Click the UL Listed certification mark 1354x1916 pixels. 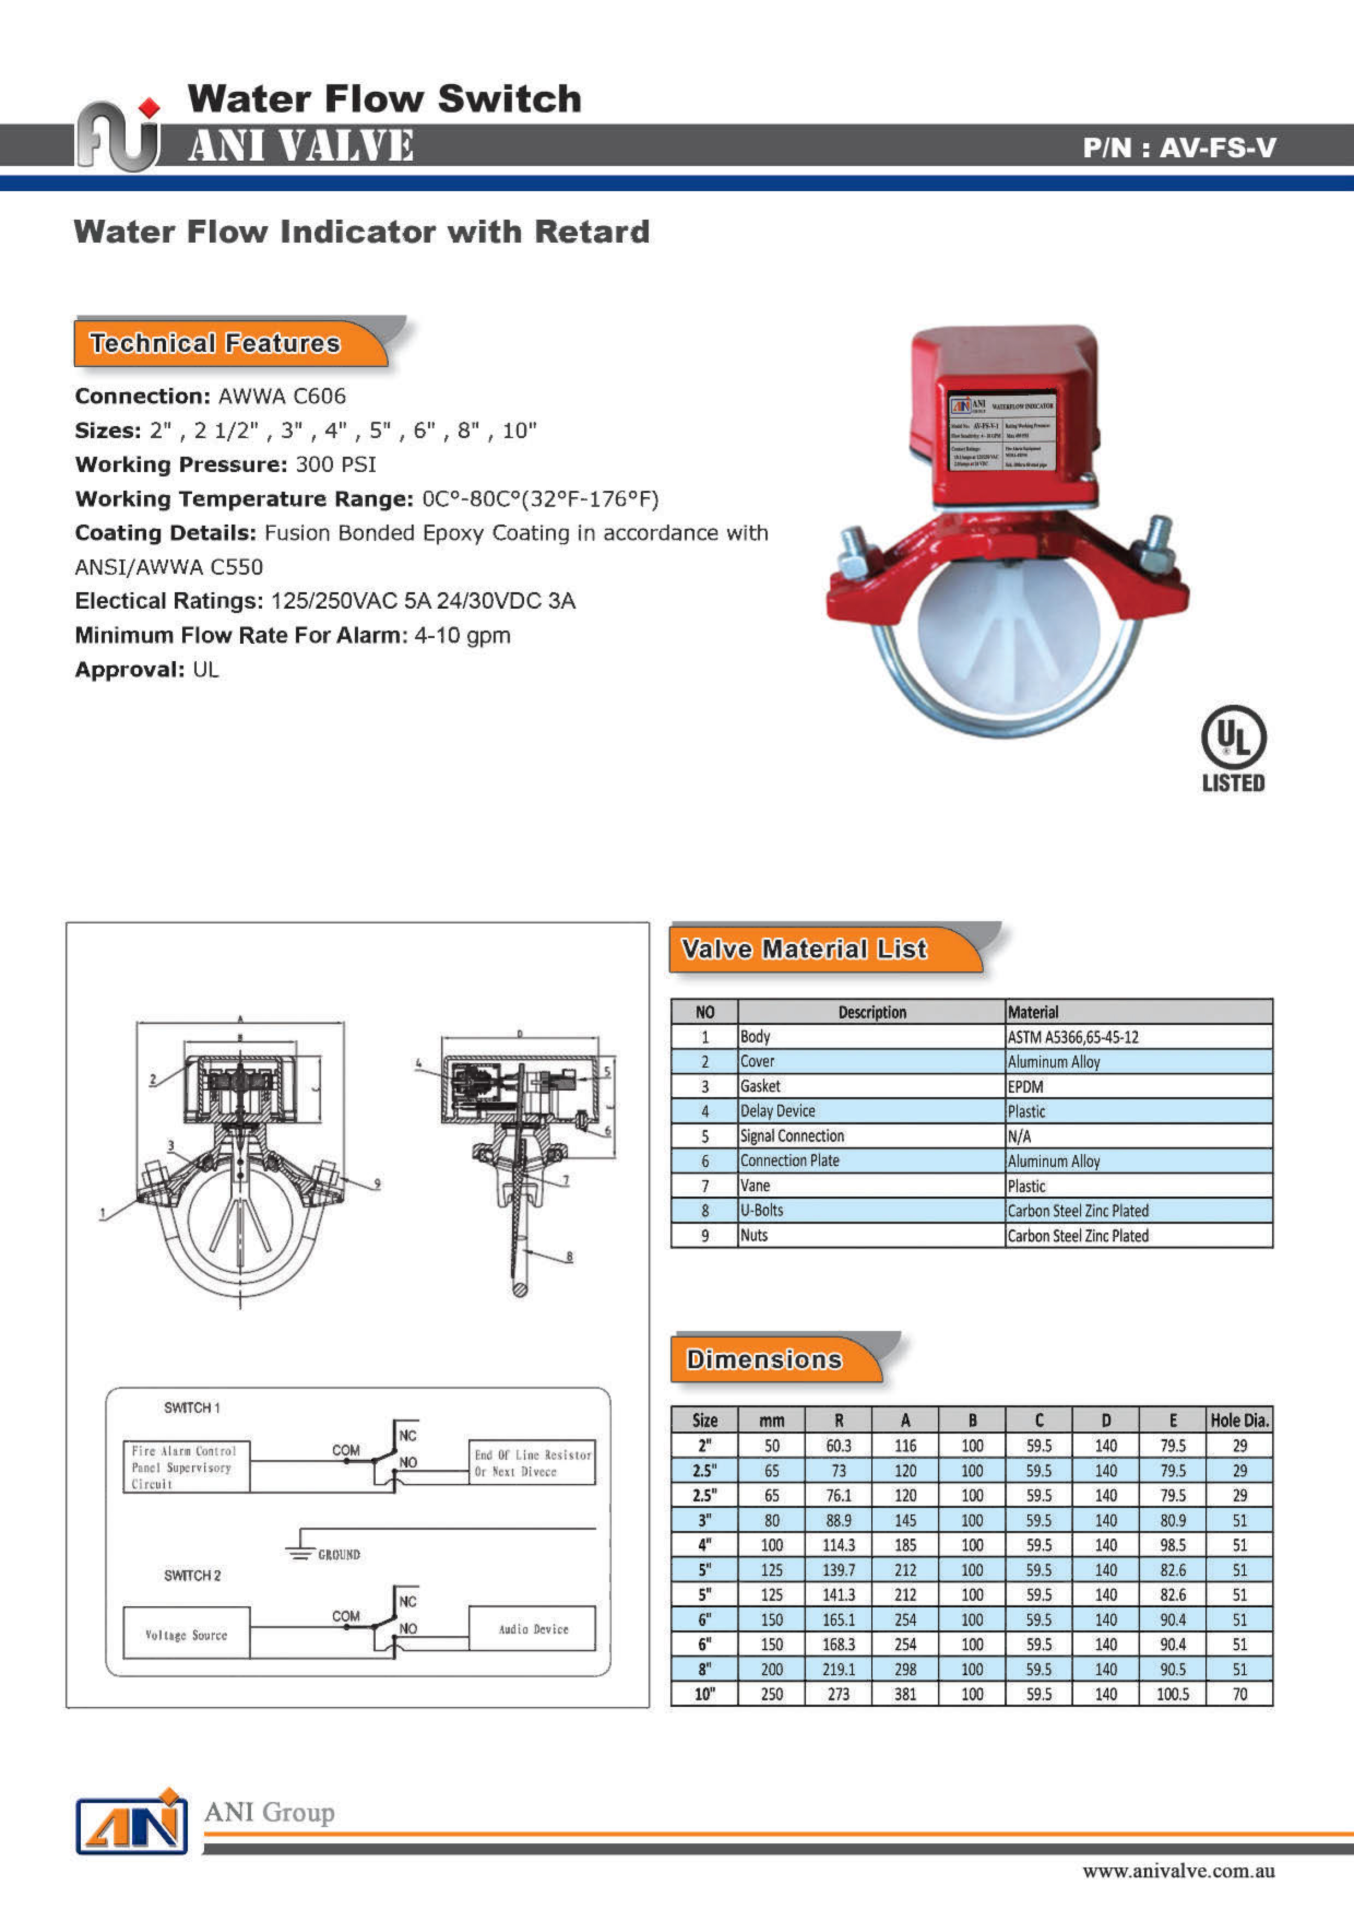pyautogui.click(x=1233, y=748)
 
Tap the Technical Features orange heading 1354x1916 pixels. pyautogui.click(x=215, y=343)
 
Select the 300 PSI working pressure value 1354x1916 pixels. pyautogui.click(x=335, y=465)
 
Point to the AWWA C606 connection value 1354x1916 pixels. pyautogui.click(x=282, y=396)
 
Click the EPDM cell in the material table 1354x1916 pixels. pyautogui.click(x=1025, y=1086)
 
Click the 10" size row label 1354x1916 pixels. pyautogui.click(x=705, y=1694)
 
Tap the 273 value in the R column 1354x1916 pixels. pyautogui.click(x=838, y=1694)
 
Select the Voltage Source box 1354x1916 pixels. pyautogui.click(x=186, y=1635)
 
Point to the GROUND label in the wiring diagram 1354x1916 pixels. pyautogui.click(x=338, y=1555)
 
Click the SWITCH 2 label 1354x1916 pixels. pyautogui.click(x=192, y=1576)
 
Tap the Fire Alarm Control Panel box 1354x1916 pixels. pyautogui.click(x=185, y=1467)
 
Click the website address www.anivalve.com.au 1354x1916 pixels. pyautogui.click(x=1178, y=1871)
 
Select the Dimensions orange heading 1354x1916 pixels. pyautogui.click(x=764, y=1359)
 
